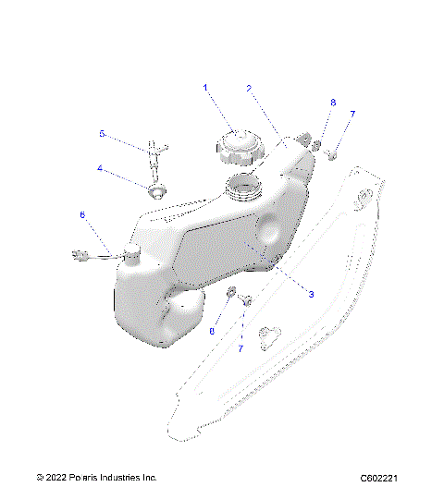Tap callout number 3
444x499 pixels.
[x=311, y=294]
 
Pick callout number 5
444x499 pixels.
[x=102, y=134]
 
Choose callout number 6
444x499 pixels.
[x=82, y=215]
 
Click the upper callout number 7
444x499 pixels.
[x=351, y=114]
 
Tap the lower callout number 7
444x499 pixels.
[x=240, y=348]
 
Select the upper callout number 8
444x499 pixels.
[x=333, y=103]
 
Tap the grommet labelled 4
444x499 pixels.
[x=155, y=190]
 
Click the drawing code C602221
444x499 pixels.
[x=379, y=478]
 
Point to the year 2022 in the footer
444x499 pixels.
[x=55, y=478]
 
